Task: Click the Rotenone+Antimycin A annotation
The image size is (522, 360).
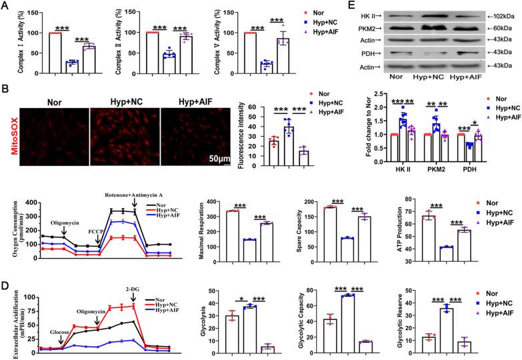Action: point(137,195)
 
